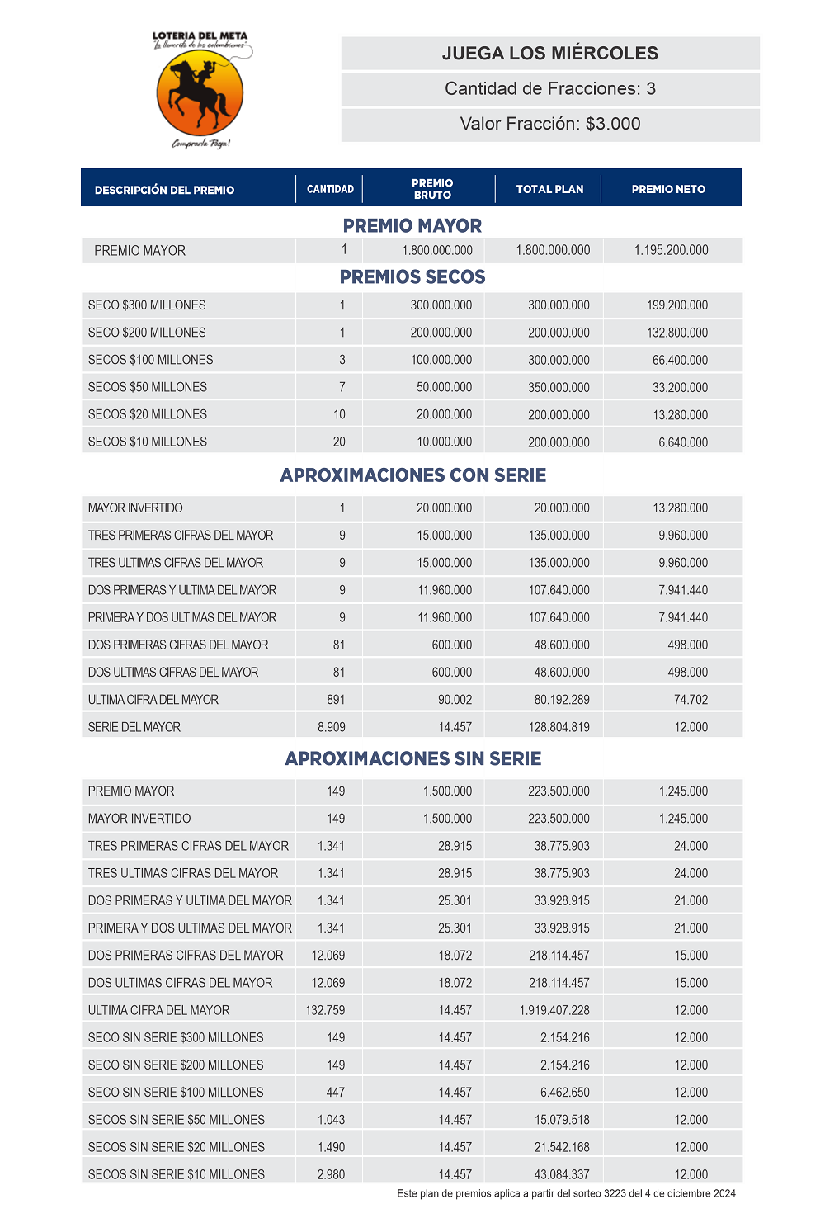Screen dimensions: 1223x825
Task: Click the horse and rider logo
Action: [x=200, y=92]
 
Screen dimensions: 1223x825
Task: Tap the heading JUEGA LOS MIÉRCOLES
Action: [x=550, y=54]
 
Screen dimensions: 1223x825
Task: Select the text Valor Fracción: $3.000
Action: [x=550, y=124]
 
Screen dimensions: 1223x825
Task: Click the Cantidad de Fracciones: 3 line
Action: [x=550, y=89]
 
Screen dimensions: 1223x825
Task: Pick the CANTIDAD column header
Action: [x=330, y=189]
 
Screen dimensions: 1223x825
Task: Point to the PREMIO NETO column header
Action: [x=668, y=189]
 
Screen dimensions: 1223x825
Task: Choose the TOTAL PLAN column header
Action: [x=549, y=189]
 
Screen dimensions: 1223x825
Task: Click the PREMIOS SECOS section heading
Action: [x=412, y=277]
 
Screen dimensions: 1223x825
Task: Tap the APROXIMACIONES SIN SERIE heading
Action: [x=413, y=758]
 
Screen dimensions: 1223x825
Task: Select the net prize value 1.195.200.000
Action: [x=671, y=250]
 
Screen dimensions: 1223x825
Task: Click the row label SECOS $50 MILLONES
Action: [x=148, y=387]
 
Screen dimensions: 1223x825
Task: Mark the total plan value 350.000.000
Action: [x=559, y=387]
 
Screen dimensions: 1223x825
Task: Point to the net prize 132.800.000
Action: [x=676, y=333]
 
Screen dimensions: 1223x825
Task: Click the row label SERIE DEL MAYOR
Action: [x=134, y=727]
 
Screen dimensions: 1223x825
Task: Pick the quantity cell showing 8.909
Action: [x=332, y=727]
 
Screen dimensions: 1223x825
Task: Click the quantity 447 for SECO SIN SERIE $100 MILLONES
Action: [x=336, y=1093]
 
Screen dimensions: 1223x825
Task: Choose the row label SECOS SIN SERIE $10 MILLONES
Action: [x=177, y=1174]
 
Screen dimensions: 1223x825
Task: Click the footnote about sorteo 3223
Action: [x=566, y=1193]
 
